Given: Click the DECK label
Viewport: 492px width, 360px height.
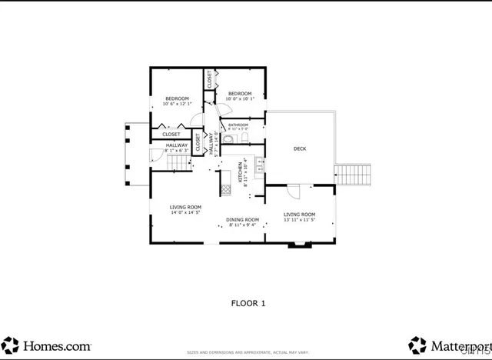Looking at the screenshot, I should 300,148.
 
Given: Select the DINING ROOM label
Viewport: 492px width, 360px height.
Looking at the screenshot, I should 242,220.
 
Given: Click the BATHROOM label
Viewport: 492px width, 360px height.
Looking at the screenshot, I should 238,125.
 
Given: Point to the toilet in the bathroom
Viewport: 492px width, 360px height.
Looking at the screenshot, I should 244,138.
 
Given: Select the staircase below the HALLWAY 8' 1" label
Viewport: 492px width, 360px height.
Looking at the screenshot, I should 178,163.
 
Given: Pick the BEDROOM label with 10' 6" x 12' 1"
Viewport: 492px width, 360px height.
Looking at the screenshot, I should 176,99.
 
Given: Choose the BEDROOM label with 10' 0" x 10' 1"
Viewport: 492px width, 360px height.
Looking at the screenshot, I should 240,95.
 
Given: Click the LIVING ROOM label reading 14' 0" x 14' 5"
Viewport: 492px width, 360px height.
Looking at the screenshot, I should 185,207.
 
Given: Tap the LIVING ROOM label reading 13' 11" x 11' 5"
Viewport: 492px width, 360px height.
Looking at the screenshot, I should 299,215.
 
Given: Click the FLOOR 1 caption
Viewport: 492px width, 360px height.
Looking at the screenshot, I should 248,303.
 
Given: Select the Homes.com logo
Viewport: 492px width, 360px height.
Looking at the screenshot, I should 46,345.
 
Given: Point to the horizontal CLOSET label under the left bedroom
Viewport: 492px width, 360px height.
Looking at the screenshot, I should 171,135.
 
